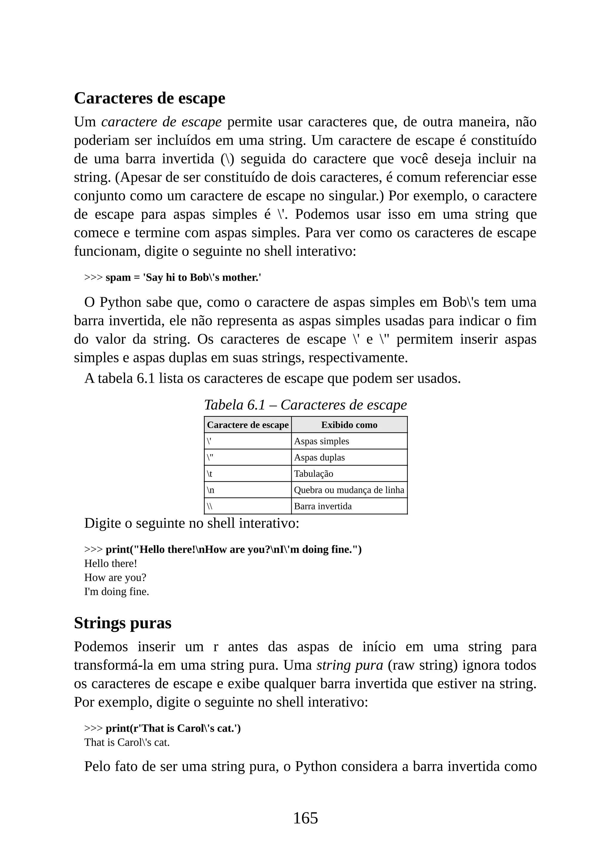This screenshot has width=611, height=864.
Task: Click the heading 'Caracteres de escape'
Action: pyautogui.click(x=149, y=98)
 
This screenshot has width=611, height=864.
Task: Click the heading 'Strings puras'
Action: pyautogui.click(x=123, y=623)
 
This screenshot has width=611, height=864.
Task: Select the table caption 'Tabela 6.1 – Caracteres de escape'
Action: pyautogui.click(x=305, y=405)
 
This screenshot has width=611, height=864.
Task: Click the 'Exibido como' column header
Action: pyautogui.click(x=349, y=425)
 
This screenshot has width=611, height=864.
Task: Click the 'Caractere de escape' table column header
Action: pyautogui.click(x=248, y=425)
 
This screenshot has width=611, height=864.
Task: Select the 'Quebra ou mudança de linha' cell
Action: pyautogui.click(x=349, y=490)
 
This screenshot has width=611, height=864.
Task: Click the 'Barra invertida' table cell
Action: pyautogui.click(x=323, y=506)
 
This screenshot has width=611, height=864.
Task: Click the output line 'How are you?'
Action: pyautogui.click(x=115, y=577)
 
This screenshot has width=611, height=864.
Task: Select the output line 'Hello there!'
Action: pyautogui.click(x=111, y=563)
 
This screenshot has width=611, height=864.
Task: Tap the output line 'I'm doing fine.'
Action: pyautogui.click(x=117, y=592)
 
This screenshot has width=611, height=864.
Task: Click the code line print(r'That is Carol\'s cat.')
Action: pyautogui.click(x=173, y=728)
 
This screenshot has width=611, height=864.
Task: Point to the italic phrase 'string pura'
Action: pyautogui.click(x=350, y=665)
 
